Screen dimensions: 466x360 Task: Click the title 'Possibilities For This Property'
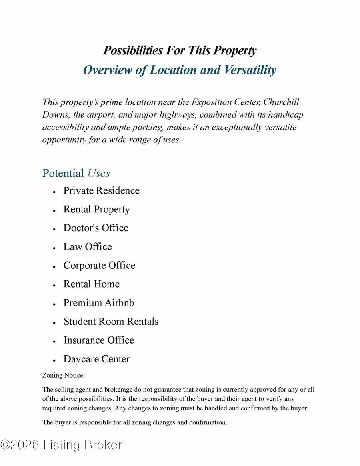coord(180,51)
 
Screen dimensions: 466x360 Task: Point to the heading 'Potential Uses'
coord(76,173)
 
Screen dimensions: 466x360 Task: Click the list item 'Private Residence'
coord(101,190)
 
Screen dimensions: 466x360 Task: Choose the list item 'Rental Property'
coord(96,209)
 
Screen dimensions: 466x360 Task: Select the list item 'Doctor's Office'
coord(96,228)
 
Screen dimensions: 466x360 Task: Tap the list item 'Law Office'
coord(88,247)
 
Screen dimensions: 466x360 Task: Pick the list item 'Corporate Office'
coord(99,266)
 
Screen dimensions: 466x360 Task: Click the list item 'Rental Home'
coord(91,284)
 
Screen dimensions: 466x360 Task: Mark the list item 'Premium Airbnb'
coord(99,303)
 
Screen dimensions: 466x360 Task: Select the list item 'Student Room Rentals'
coord(111,322)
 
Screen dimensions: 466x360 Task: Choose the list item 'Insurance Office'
coord(99,340)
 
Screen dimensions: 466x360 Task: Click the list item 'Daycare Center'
coord(96,359)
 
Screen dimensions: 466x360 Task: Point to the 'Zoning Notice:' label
coord(64,376)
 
